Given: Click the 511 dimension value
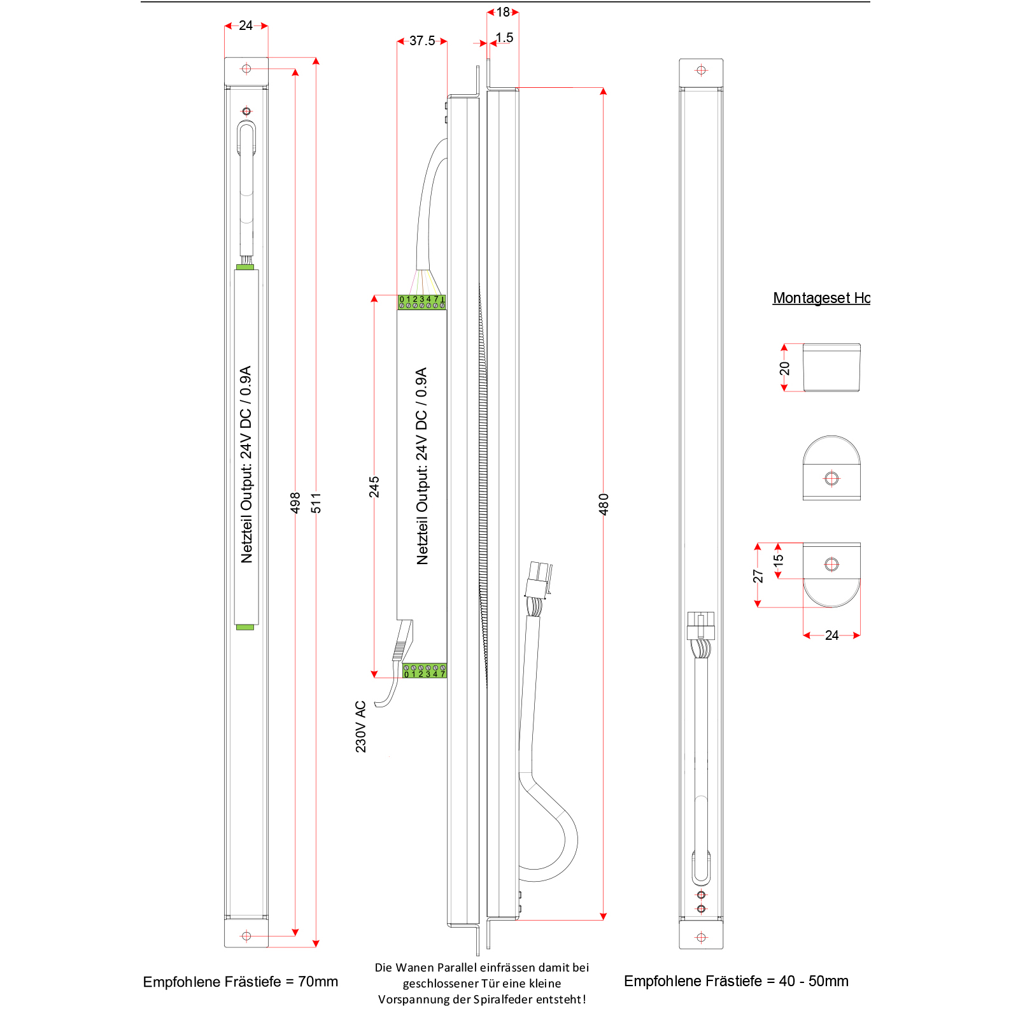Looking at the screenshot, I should click(x=316, y=502).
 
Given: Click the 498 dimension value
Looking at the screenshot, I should click(x=295, y=502).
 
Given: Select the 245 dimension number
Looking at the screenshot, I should click(x=374, y=486).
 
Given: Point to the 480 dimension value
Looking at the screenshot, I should click(x=604, y=504).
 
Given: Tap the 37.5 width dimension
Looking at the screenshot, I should click(x=422, y=41).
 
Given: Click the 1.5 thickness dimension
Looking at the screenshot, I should click(x=504, y=38).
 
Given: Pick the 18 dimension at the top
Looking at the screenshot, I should click(x=503, y=12).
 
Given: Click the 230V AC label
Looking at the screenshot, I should click(x=361, y=726).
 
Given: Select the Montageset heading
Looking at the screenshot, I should click(x=821, y=298).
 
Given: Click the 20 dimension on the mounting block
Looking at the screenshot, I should click(x=784, y=368).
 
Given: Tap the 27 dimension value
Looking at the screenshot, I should click(x=758, y=576).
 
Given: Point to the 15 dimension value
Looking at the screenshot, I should click(x=778, y=560).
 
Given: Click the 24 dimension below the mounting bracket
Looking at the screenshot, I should click(x=831, y=635).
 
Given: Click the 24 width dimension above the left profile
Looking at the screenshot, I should click(x=246, y=25).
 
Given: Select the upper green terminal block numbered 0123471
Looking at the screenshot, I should click(x=421, y=302).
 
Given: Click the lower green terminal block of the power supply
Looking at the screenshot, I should click(x=425, y=670).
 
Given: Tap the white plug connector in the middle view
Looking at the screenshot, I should click(x=538, y=579).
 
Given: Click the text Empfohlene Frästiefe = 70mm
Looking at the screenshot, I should click(x=241, y=982).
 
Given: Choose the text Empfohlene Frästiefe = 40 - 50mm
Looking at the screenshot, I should click(x=736, y=981).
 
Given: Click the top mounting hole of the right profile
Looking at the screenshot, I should click(x=701, y=70).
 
